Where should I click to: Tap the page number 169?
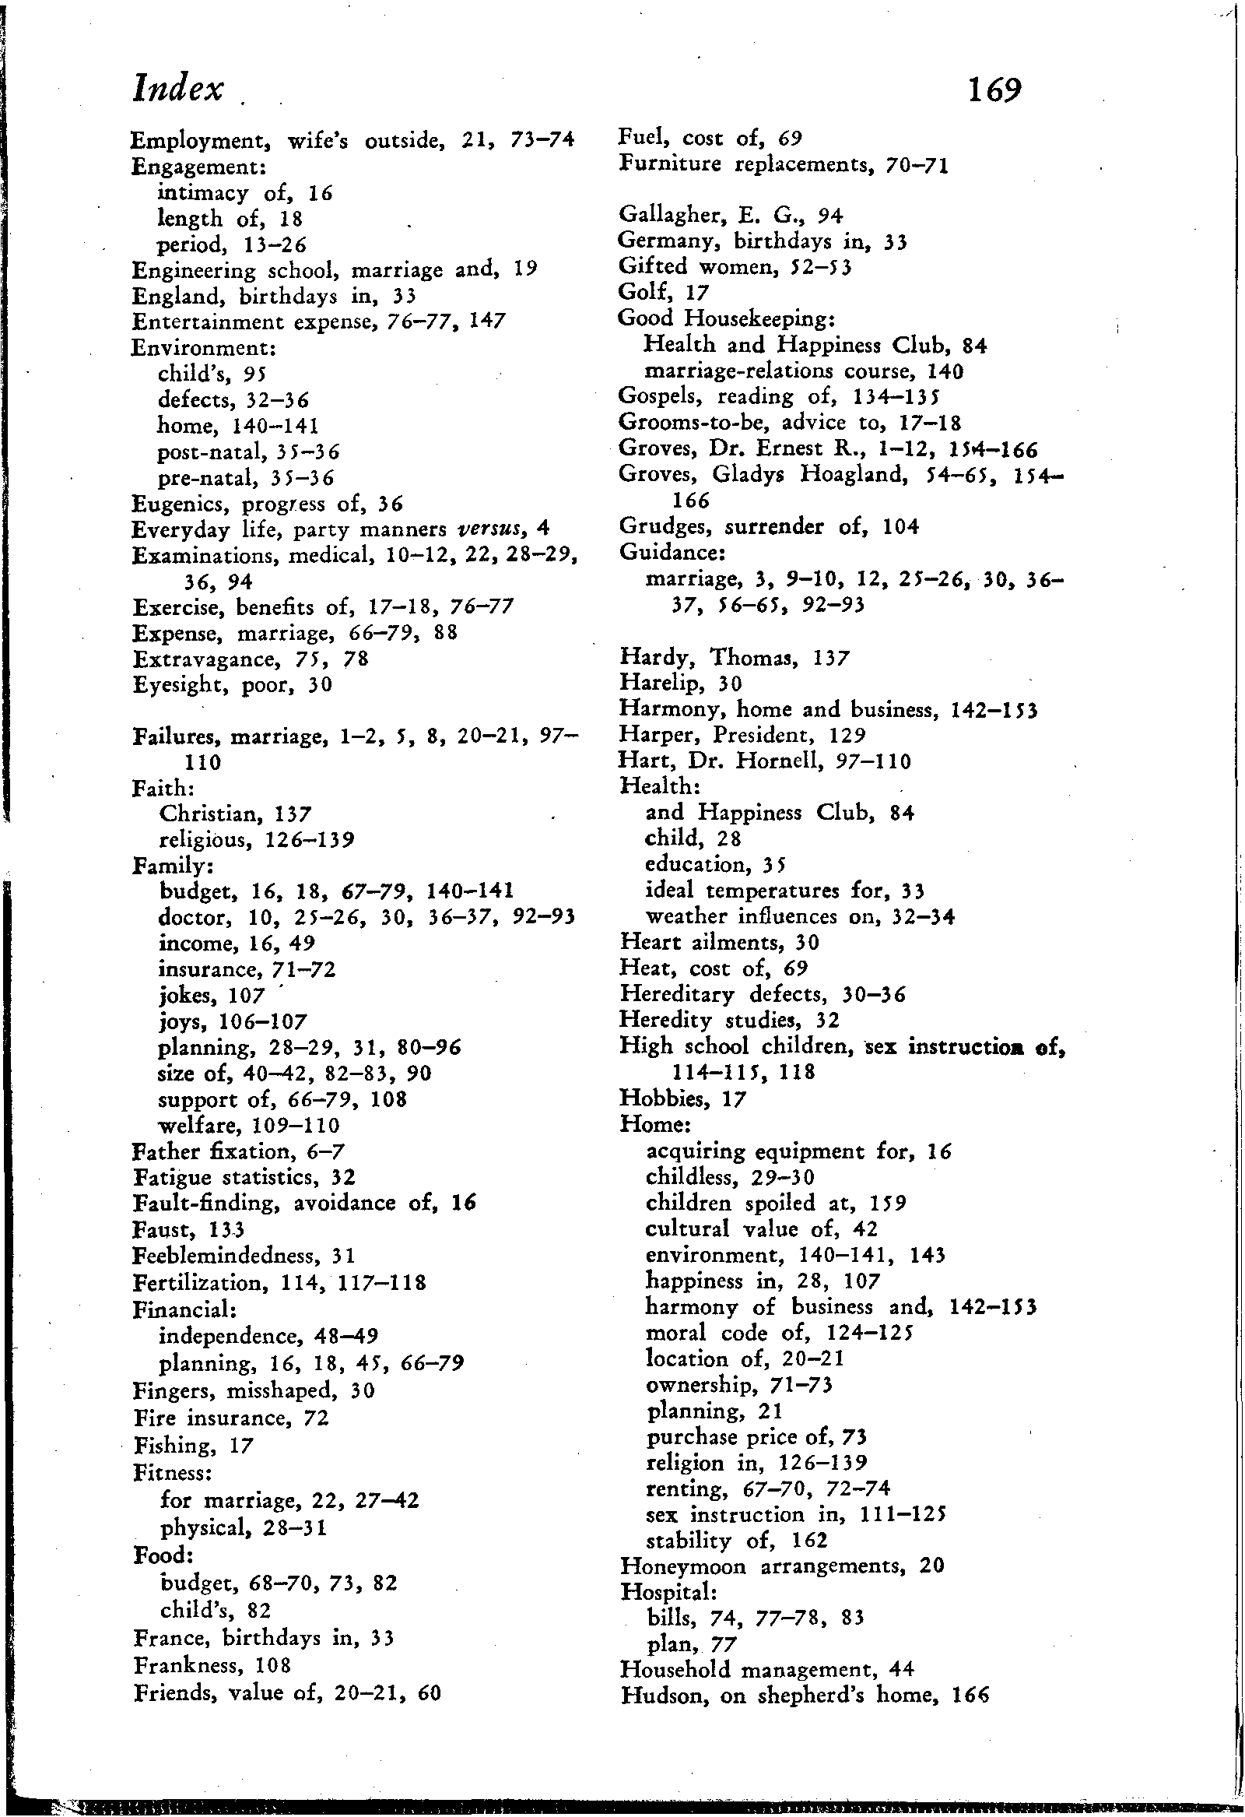click(994, 90)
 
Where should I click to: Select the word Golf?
click(641, 293)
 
